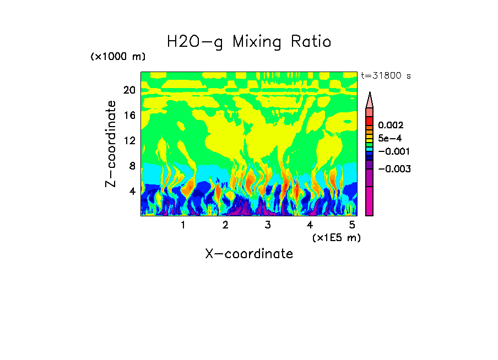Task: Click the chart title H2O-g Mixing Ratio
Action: coord(249,42)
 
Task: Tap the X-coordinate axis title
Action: coord(249,254)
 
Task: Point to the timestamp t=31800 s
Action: coord(386,75)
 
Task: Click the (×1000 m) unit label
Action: coord(118,57)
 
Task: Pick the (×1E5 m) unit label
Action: coord(336,237)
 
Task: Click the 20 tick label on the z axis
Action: coord(129,90)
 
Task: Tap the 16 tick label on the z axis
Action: coord(129,116)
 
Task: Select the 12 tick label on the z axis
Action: coord(129,140)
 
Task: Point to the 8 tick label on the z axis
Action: coord(132,166)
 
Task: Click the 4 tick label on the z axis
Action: coord(132,191)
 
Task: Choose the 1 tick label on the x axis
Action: coord(183,225)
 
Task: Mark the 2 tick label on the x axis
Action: coord(225,225)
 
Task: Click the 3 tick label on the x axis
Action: coord(268,225)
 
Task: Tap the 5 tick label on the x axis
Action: coord(352,225)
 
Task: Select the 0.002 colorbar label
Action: coord(391,126)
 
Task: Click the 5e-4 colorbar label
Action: coord(390,138)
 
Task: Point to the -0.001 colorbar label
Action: coord(393,151)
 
